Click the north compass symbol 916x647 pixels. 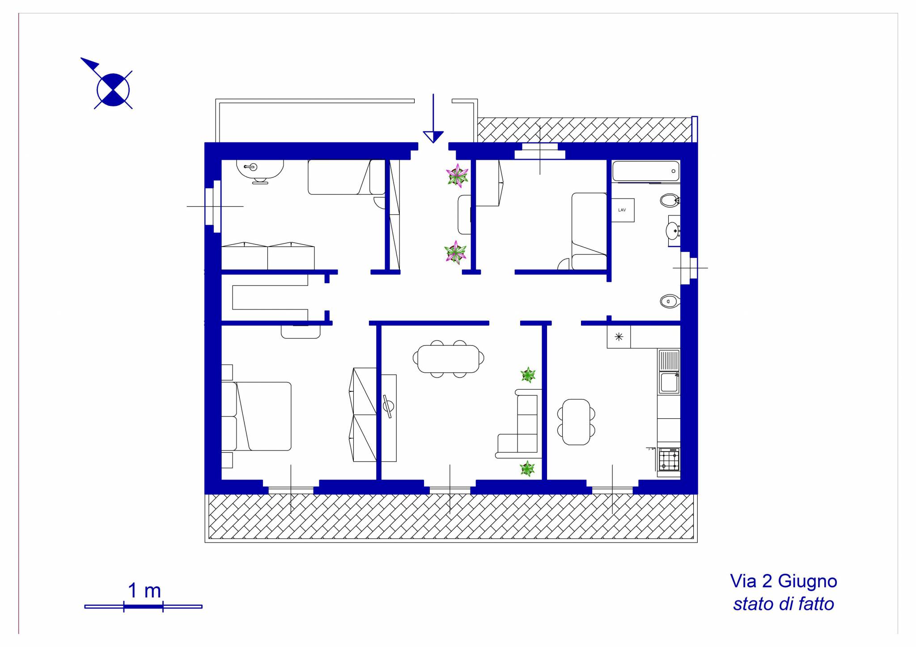113,89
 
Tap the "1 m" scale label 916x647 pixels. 144,591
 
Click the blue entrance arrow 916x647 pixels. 433,119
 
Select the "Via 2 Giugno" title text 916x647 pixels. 783,582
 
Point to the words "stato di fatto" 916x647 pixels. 783,604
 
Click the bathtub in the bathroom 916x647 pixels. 646,172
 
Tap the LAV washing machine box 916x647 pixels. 623,210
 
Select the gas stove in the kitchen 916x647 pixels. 669,460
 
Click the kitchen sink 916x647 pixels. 669,372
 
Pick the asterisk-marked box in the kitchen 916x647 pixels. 619,337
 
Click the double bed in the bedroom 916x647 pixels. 257,416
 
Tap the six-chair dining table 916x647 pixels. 448,359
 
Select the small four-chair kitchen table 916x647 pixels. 576,422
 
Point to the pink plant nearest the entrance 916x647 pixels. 458,176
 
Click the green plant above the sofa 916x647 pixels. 528,375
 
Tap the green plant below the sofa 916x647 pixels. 527,469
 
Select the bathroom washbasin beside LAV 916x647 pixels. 674,231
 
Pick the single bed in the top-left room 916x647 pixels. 347,177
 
